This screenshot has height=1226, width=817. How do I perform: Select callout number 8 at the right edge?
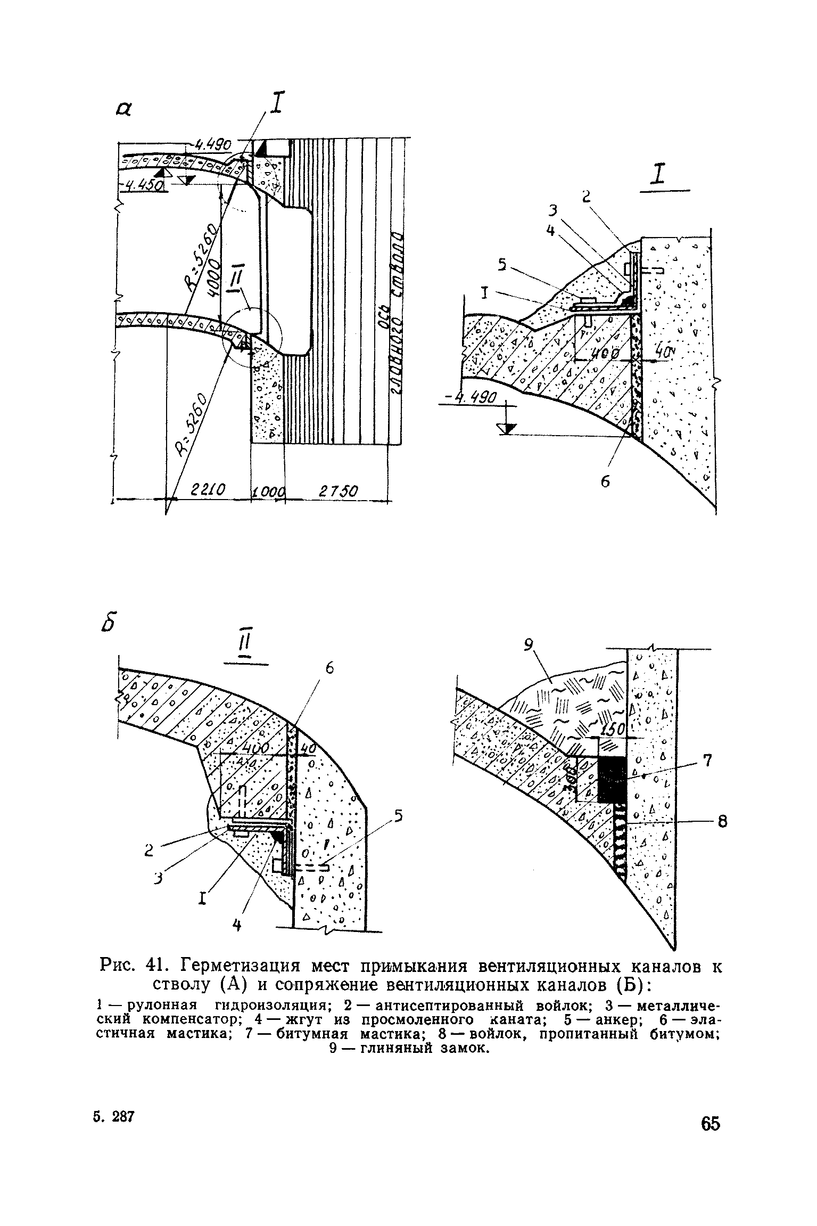[x=722, y=822]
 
